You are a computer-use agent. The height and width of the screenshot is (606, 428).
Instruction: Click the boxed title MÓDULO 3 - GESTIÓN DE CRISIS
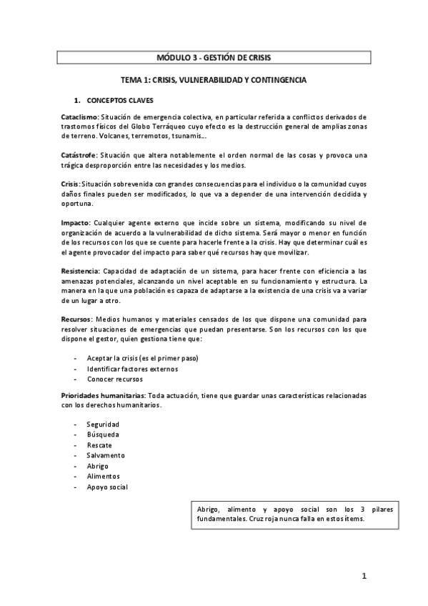(213, 57)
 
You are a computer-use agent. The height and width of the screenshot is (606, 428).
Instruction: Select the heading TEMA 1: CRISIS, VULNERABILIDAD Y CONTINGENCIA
(213, 81)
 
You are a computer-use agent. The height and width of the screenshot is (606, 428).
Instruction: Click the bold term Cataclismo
(79, 116)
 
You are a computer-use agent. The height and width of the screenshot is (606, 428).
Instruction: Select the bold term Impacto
(74, 223)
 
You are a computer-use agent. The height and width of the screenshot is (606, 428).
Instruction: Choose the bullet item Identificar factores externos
(132, 369)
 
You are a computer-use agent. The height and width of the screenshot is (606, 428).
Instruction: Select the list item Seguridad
(103, 424)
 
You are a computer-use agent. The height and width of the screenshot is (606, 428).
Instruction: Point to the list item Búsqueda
(103, 434)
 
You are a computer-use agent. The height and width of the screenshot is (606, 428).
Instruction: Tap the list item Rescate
(99, 444)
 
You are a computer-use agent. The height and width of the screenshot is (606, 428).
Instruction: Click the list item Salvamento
(106, 455)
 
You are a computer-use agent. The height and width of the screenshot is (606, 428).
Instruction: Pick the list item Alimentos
(103, 476)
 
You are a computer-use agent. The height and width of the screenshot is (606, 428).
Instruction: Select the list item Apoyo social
(107, 487)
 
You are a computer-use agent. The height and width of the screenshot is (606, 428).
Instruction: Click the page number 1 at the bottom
(363, 576)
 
